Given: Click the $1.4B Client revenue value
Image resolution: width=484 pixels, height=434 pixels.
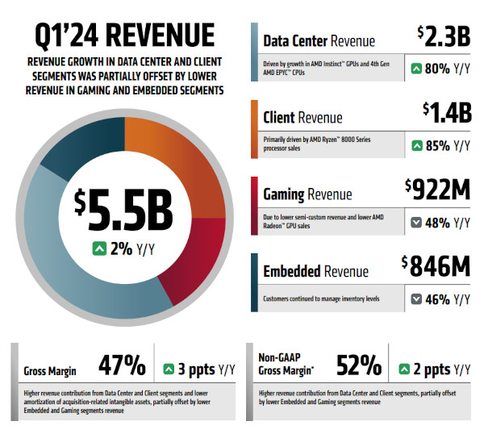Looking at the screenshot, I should tap(446, 114).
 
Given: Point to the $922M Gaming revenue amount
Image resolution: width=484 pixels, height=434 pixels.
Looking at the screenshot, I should tap(437, 190).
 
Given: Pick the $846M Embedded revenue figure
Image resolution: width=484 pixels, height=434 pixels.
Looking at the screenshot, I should tap(436, 267).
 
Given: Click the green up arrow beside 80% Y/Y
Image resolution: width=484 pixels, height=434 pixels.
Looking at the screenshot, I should tap(416, 69).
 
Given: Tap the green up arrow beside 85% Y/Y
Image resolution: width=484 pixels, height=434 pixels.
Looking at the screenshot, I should tap(416, 146).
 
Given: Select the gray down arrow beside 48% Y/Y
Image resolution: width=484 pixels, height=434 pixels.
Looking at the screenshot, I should tap(416, 223).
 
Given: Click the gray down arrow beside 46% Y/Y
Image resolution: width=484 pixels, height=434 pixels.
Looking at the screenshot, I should tap(416, 299).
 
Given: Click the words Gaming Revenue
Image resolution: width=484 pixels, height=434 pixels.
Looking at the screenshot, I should tap(307, 194).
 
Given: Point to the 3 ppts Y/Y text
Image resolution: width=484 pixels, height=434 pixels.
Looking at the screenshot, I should tap(201, 369).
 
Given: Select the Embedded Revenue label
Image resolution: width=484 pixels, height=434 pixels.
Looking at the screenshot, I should tap(315, 272).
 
